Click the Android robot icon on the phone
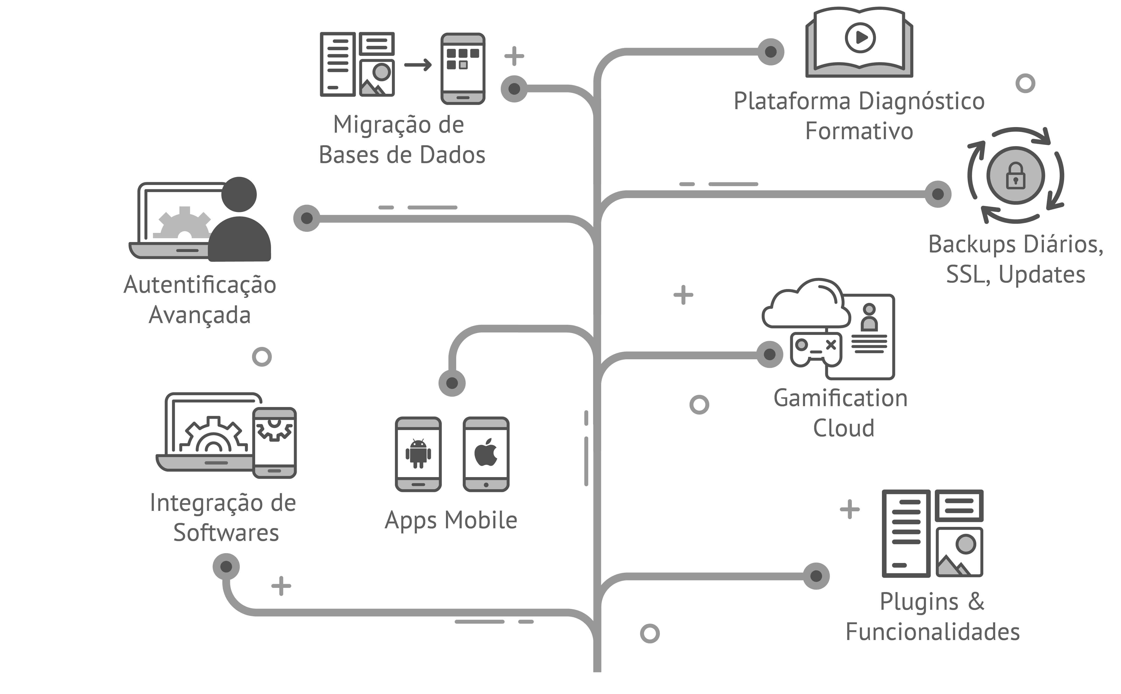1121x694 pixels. pos(418,454)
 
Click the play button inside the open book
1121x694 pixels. pos(860,38)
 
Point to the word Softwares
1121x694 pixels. pos(226,533)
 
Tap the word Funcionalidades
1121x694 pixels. pos(933,632)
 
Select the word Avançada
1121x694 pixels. pos(199,315)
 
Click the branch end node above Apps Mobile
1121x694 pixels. pos(452,383)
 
